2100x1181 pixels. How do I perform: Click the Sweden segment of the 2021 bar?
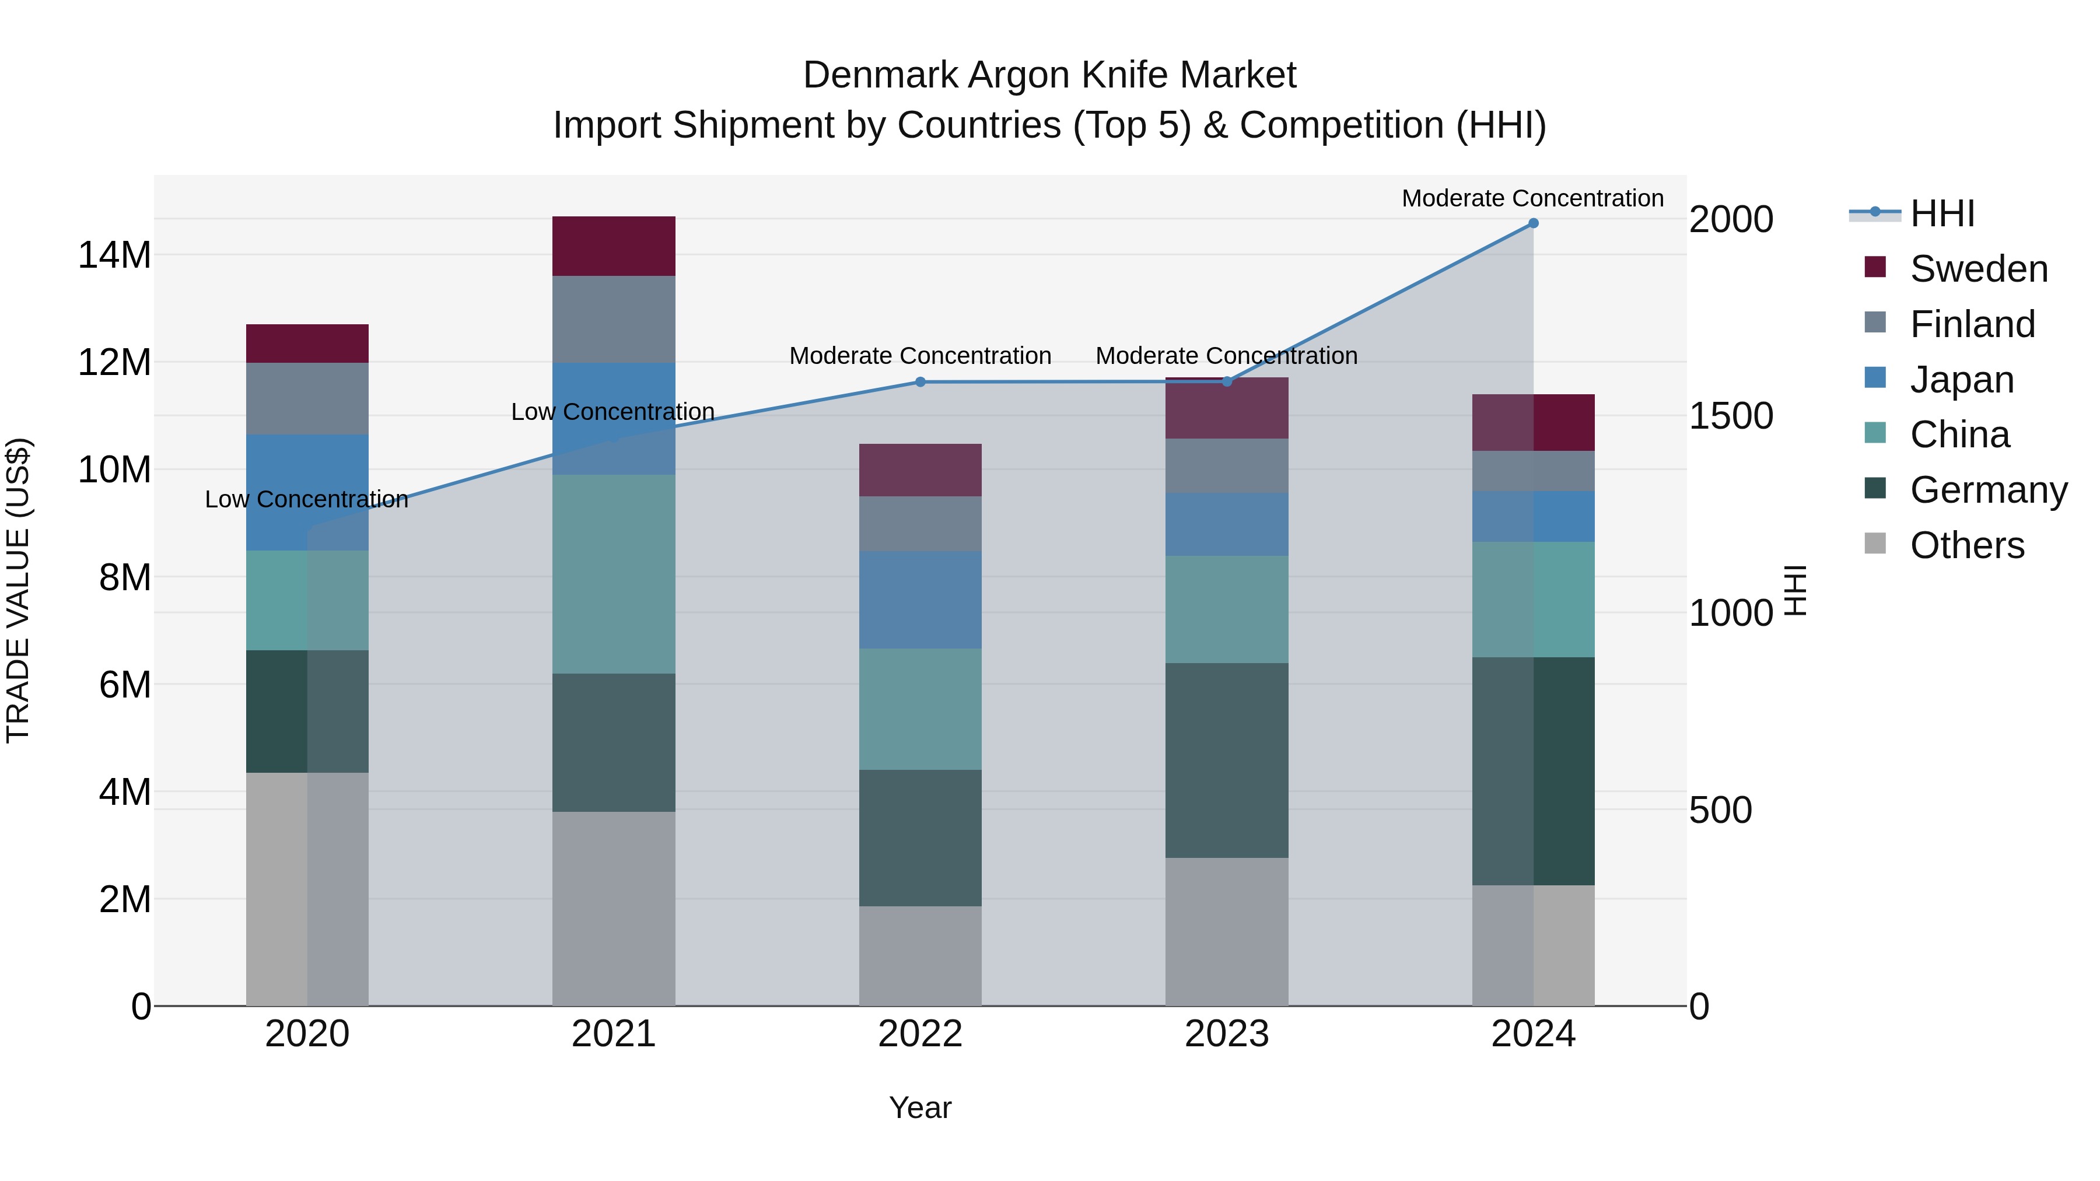(613, 246)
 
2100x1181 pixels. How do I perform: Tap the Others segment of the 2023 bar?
(1226, 931)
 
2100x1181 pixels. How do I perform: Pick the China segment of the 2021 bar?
(613, 574)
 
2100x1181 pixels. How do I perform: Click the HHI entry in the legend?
(1942, 213)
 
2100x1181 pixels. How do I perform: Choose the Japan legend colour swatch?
(1875, 378)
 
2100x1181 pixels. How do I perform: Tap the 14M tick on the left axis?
(114, 255)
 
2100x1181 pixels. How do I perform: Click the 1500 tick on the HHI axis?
(1730, 416)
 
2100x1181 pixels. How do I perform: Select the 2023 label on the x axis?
(1226, 1034)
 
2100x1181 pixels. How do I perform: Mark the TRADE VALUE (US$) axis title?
(18, 590)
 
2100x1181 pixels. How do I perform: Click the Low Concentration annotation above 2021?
(613, 412)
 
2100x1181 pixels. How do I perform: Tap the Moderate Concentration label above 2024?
(1532, 198)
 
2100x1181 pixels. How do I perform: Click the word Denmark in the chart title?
(880, 75)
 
